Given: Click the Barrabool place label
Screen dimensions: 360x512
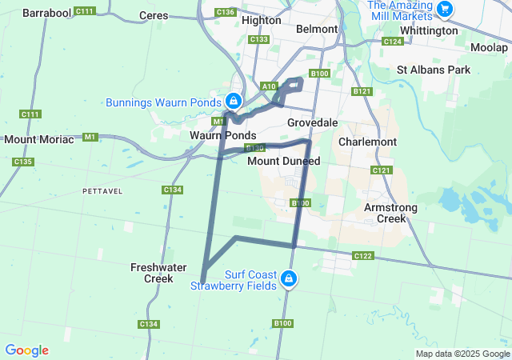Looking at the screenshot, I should coord(46,14).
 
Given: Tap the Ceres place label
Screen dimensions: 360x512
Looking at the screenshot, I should coord(154,15).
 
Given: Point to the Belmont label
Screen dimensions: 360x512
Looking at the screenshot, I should coord(312,29).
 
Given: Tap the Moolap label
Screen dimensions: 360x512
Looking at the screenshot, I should coord(489,48).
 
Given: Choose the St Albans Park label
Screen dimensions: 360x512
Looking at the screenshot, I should coord(434,70).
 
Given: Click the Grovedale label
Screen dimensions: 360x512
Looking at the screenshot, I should coord(313,122).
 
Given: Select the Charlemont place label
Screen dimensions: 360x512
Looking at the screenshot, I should coord(367,142).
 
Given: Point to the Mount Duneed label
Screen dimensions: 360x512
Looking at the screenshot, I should coord(283,161).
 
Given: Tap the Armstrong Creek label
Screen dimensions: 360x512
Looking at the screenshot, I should coord(391,212).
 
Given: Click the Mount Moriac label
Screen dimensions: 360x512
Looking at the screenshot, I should coord(38,139).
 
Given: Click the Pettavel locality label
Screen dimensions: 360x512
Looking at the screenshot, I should coord(102,190).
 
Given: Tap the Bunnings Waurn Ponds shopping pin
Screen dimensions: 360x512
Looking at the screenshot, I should coord(233,102).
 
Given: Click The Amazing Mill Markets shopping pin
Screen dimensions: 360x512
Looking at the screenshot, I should coord(446,10).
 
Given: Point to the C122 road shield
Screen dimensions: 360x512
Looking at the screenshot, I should coord(362,256).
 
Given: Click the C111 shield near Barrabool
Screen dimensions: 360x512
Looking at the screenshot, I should coord(84,11).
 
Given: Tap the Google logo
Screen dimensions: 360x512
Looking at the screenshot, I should coord(26,350).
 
